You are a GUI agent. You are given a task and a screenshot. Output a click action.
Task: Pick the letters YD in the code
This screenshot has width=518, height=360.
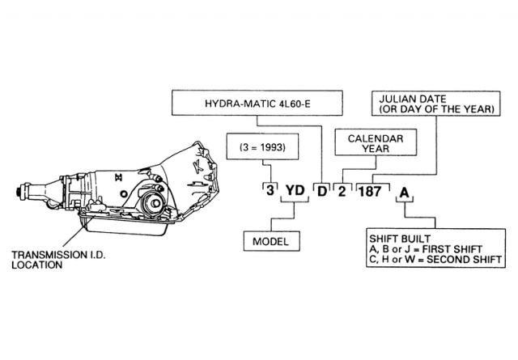(296, 192)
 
